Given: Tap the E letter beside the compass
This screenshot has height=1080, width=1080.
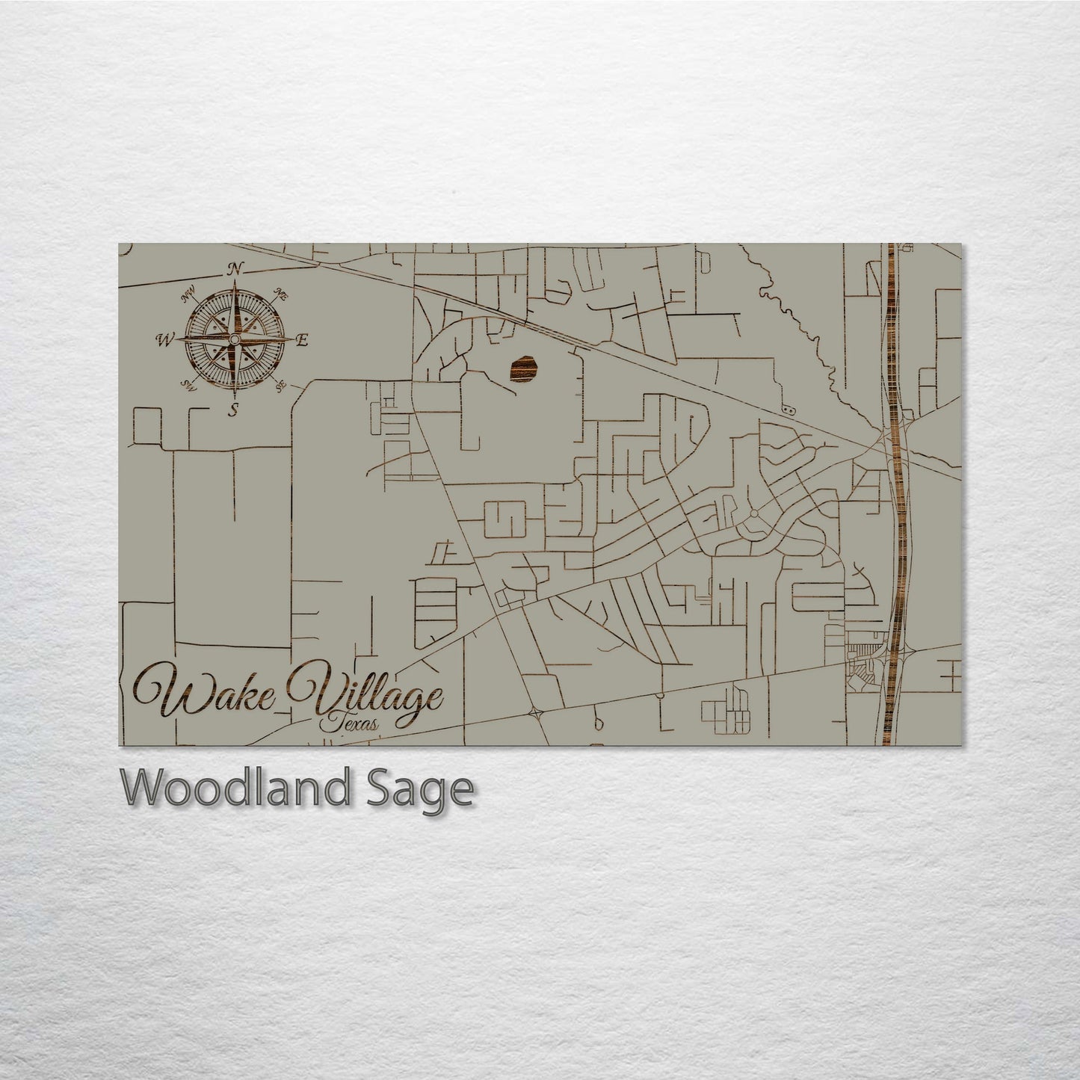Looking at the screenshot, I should point(302,341).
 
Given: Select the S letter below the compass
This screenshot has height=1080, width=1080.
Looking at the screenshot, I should point(235,409).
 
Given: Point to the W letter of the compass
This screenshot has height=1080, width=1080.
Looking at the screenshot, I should point(162,342).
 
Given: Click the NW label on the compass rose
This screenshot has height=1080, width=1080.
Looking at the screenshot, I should point(188,299).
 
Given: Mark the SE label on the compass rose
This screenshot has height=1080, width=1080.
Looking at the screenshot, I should point(281,386).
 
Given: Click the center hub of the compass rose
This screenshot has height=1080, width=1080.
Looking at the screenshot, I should point(234,341).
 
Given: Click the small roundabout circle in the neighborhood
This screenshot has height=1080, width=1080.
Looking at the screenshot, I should point(753,513).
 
